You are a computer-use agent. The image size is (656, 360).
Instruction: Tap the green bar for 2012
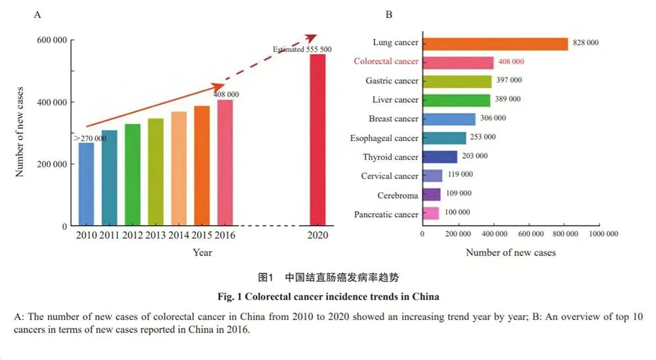133,175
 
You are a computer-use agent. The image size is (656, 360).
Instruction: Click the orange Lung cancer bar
495,43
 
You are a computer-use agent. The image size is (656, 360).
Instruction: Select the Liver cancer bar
457,100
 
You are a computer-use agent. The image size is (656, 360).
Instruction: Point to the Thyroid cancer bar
440,157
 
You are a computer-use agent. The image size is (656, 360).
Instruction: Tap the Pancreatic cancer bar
431,214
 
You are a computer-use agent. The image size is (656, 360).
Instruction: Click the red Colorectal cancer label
386,62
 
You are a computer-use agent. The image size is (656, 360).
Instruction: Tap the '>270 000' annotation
90,139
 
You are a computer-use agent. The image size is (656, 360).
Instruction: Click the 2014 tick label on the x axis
178,235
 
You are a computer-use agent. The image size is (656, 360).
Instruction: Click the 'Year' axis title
202,252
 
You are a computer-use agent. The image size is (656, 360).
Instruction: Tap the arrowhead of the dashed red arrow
312,37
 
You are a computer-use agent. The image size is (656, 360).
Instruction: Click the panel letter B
389,14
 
